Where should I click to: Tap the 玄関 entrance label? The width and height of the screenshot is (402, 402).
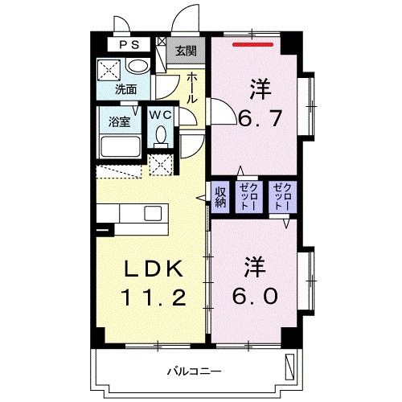point(185,51)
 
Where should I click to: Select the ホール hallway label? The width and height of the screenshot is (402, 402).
point(193,88)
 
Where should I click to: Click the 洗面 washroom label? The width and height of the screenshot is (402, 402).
point(125,89)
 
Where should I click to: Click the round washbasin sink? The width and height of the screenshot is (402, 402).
point(138,68)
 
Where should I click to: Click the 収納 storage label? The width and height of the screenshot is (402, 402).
point(219,197)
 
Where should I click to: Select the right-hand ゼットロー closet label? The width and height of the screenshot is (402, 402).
point(283,198)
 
